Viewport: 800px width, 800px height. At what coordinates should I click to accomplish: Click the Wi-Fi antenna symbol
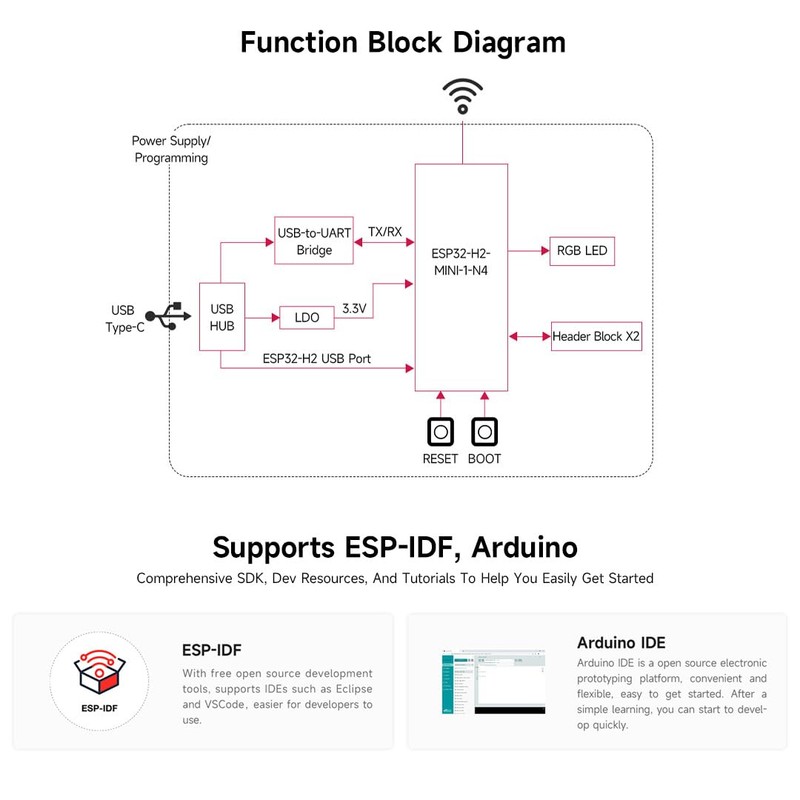click(462, 97)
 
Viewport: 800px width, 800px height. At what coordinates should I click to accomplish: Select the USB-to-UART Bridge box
click(314, 241)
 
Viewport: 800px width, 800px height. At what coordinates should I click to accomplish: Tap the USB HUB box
click(222, 317)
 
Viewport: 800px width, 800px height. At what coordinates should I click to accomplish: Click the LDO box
click(307, 318)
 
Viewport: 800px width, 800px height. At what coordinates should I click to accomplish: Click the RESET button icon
click(440, 432)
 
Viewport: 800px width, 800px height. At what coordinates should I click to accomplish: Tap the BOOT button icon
click(485, 432)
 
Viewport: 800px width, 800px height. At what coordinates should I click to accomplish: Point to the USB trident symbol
click(165, 315)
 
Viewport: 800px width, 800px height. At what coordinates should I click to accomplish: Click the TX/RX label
click(385, 232)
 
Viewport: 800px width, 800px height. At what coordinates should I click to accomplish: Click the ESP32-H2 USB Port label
click(317, 357)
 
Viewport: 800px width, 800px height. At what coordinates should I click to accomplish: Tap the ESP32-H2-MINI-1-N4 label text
click(461, 262)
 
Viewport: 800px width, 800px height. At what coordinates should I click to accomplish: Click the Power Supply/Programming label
click(171, 149)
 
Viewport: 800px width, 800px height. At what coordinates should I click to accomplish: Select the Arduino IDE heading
click(621, 643)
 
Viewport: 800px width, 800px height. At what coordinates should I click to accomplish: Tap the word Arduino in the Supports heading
click(524, 548)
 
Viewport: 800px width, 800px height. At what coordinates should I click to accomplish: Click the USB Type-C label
click(124, 318)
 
